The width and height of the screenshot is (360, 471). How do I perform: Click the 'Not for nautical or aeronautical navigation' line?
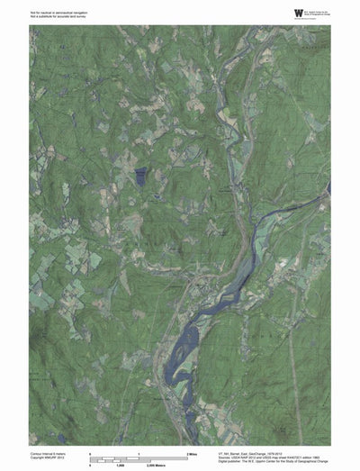coord(55,8)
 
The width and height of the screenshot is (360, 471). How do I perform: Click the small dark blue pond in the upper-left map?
coord(139,177)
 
